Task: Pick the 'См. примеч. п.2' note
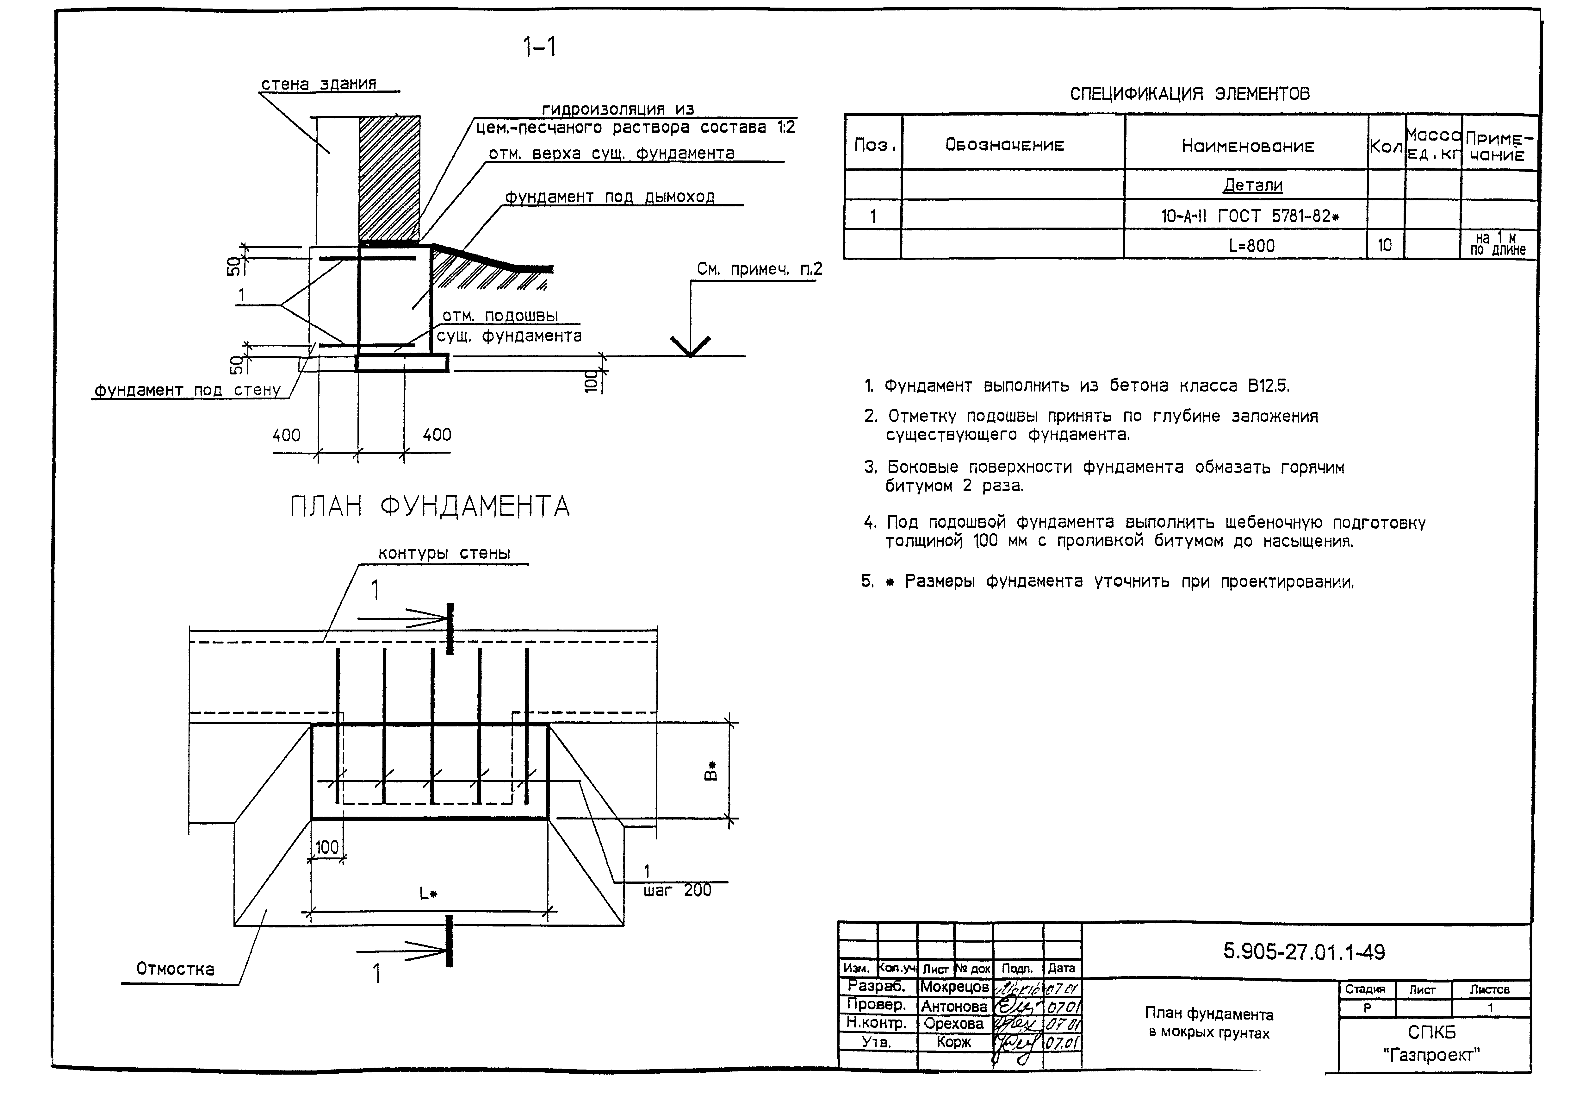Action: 759,270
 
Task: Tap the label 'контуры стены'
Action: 444,554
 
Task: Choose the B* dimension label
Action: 711,770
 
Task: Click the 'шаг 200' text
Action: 677,891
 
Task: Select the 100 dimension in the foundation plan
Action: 327,848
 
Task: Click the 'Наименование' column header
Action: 1248,146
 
